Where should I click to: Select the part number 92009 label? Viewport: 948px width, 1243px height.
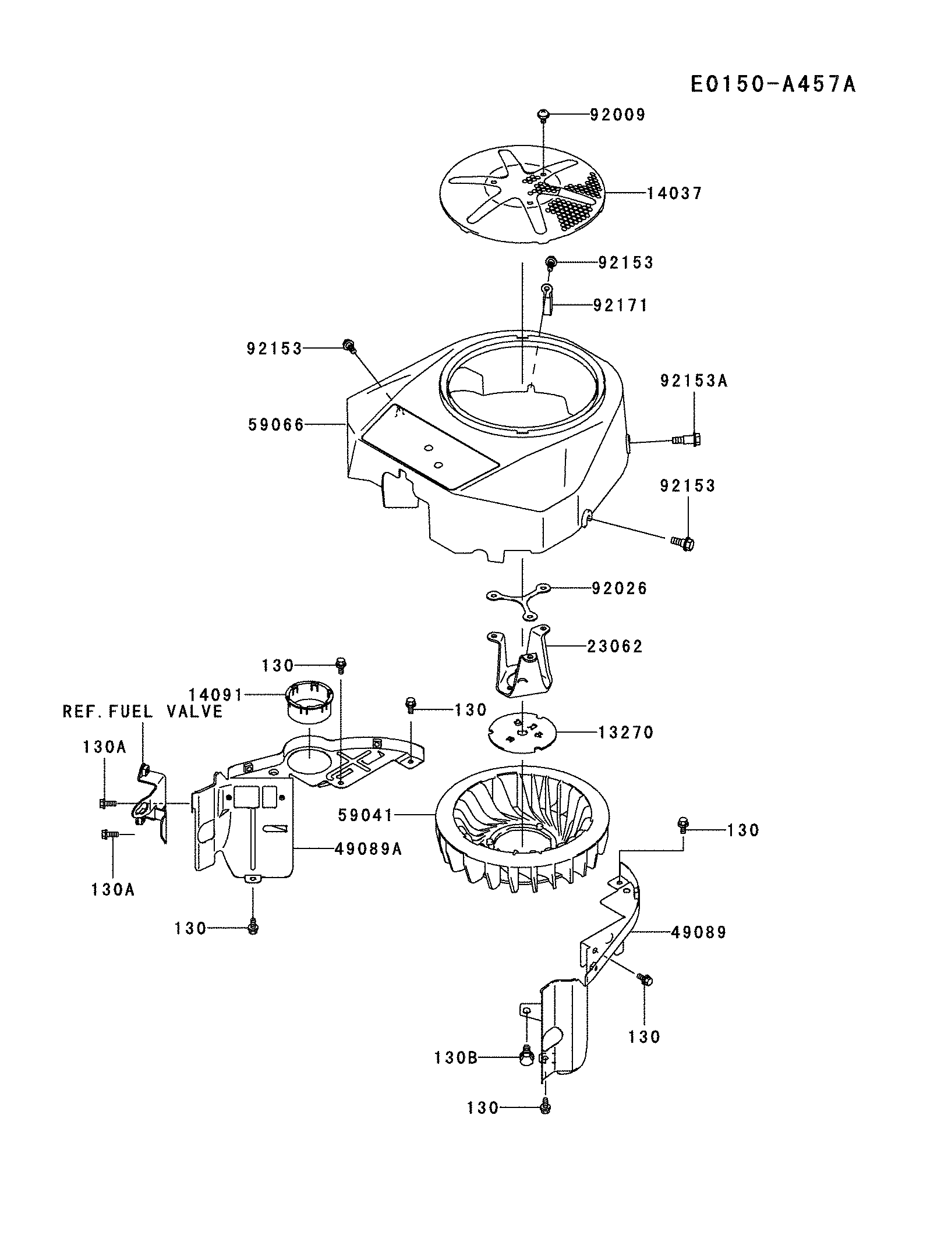617,115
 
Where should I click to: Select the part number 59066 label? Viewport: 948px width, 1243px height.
276,425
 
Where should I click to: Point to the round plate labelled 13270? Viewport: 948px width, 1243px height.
522,734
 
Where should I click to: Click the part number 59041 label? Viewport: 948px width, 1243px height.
366,816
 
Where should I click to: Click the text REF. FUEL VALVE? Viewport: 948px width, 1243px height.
143,711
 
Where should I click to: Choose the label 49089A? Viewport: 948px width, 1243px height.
368,849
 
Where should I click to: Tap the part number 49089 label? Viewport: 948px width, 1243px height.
698,932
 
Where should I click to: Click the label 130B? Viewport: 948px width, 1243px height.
455,1057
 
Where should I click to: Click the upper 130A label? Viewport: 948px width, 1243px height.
104,747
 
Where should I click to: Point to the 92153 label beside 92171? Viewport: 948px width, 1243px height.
626,262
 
